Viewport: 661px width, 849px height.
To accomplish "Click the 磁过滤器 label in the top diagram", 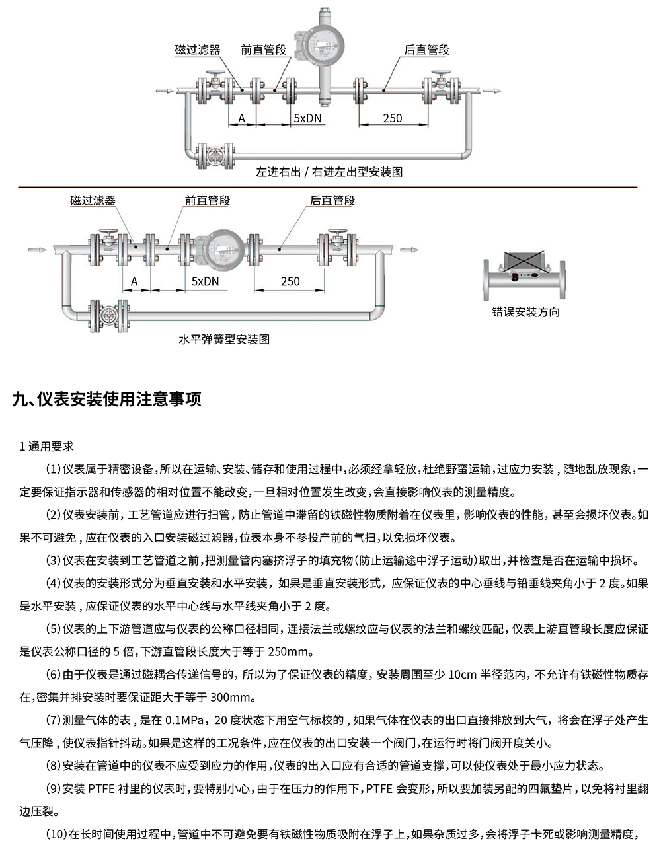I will click(197, 50).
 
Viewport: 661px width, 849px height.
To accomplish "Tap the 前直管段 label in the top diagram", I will click(263, 50).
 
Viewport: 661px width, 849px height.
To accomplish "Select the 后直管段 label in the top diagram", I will click(426, 50).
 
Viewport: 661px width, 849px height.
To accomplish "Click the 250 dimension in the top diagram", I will click(392, 118).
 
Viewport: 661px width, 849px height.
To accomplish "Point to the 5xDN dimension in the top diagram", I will click(307, 118).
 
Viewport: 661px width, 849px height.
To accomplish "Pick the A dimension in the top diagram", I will click(242, 118).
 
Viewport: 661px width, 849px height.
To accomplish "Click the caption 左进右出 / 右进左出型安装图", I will click(329, 172).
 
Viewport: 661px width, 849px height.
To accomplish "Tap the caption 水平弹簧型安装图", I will click(224, 340).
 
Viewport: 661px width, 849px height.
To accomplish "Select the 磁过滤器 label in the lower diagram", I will click(93, 201).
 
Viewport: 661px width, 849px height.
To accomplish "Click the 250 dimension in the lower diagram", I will click(290, 281).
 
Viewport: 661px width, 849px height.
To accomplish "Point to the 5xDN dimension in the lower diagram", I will click(205, 281).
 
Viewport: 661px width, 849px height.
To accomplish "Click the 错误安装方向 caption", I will click(525, 312).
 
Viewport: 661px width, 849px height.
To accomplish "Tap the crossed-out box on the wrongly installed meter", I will click(525, 262).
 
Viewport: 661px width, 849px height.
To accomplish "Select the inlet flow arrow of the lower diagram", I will click(38, 250).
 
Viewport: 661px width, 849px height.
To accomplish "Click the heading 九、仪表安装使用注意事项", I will click(107, 400).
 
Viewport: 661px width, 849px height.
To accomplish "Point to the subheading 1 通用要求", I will click(47, 447).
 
